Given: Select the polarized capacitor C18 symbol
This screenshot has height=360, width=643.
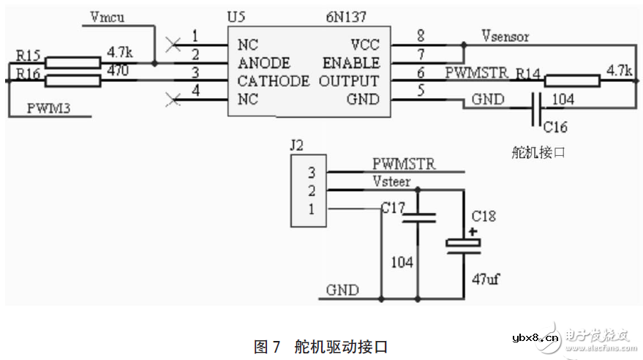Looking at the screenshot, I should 462,245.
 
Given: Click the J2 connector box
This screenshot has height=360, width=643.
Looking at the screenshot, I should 309,192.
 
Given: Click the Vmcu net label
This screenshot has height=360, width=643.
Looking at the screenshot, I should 108,16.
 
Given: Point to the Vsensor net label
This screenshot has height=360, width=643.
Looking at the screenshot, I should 505,35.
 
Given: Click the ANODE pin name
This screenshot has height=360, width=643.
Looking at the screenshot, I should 263,63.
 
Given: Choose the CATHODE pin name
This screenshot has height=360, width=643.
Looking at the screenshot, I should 273,80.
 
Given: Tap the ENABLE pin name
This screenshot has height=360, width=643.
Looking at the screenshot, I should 351,63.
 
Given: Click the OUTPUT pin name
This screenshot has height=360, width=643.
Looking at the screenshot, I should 349,80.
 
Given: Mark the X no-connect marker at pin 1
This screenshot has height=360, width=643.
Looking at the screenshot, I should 173,45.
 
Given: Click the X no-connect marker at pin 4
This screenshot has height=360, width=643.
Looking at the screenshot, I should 173,98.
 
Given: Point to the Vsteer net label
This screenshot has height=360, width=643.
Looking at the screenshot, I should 391,181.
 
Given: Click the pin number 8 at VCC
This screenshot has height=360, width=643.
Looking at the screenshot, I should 420,35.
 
